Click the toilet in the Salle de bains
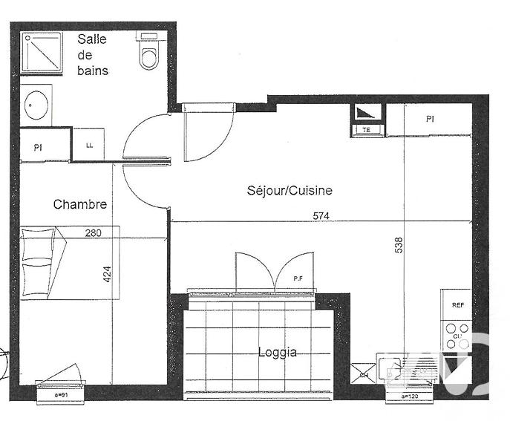pos(149,53)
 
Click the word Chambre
pos(79,204)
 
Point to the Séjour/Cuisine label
pos(289,191)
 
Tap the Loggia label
pos(277,352)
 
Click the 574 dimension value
pos(320,216)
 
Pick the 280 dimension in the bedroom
pos(93,233)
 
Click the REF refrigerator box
pos(457,305)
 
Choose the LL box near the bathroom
pos(89,145)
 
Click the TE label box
pos(367,130)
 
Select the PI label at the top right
pos(430,119)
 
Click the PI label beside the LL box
pos(38,148)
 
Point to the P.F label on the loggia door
pos(297,278)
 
